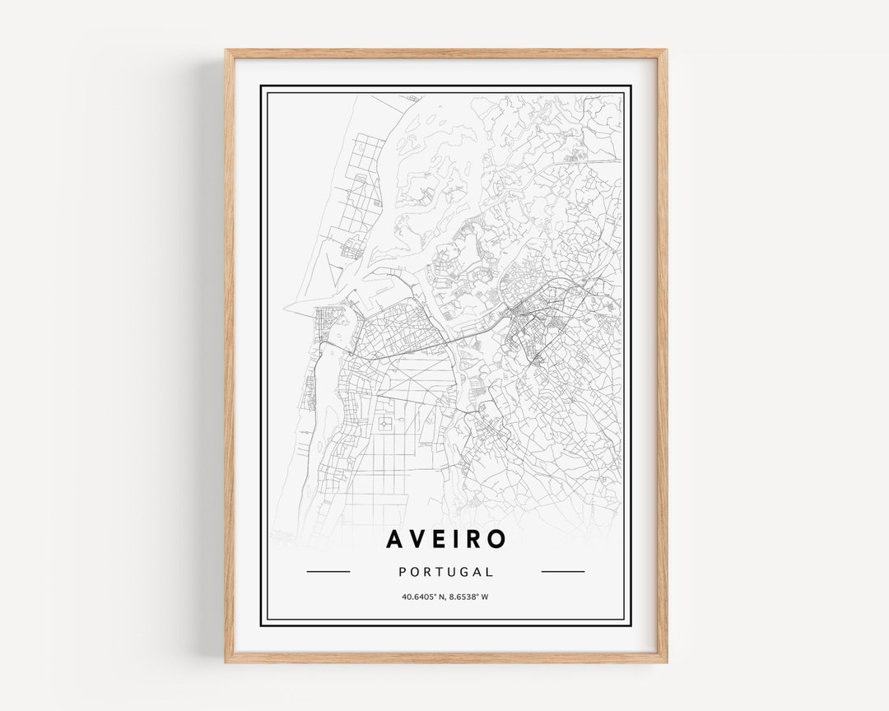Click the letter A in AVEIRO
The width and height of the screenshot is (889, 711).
pyautogui.click(x=395, y=539)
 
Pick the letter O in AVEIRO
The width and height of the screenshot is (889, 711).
pyautogui.click(x=496, y=539)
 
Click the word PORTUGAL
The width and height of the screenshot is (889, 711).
pyautogui.click(x=445, y=572)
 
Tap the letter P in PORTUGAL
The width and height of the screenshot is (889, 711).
pyautogui.click(x=402, y=572)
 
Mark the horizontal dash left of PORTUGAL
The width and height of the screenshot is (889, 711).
pyautogui.click(x=328, y=571)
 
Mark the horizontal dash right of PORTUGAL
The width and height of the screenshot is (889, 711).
pyautogui.click(x=563, y=571)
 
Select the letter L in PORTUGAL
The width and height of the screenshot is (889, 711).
pyautogui.click(x=491, y=572)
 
